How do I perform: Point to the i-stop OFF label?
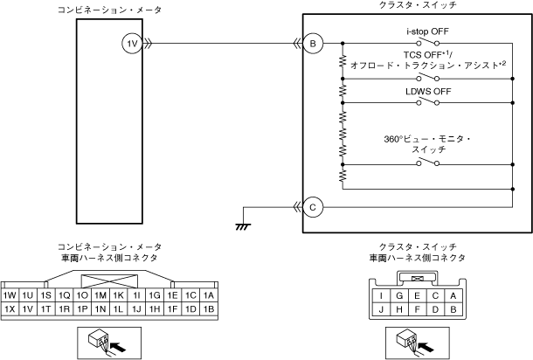[x=428, y=31]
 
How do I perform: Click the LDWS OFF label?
[x=426, y=91]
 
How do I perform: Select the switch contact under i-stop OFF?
[x=427, y=43]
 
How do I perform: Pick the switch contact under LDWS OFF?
[x=427, y=103]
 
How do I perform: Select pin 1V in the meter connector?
[x=29, y=309]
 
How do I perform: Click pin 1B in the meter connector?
[x=209, y=309]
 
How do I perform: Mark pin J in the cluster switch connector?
[x=383, y=308]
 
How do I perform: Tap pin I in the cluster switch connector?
[x=383, y=295]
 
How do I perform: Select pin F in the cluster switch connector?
[x=419, y=308]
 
